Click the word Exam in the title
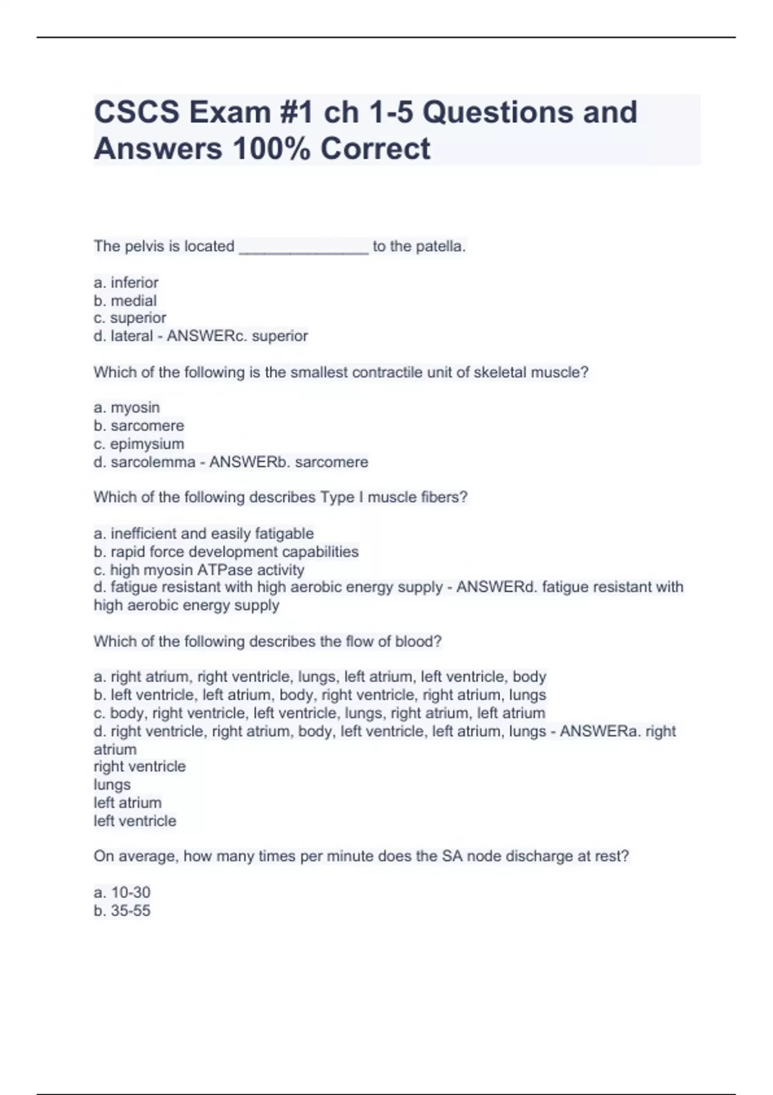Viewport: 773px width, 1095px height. [x=229, y=113]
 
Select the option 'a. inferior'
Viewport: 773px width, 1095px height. [x=126, y=283]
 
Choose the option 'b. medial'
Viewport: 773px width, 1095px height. [x=126, y=301]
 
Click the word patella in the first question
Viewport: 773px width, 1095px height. [x=440, y=247]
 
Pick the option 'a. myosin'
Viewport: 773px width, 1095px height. [x=127, y=408]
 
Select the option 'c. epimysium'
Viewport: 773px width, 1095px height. [x=139, y=444]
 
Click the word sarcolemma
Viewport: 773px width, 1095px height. [x=153, y=462]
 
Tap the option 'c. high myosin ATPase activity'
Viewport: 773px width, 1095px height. [x=199, y=570]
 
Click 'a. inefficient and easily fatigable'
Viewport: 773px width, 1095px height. [x=204, y=533]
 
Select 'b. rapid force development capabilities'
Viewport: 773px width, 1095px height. [x=226, y=552]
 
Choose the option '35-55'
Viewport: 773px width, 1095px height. [x=122, y=911]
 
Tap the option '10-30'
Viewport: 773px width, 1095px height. [x=122, y=893]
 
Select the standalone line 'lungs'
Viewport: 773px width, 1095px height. [x=112, y=785]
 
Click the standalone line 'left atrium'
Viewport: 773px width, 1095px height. [x=128, y=803]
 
